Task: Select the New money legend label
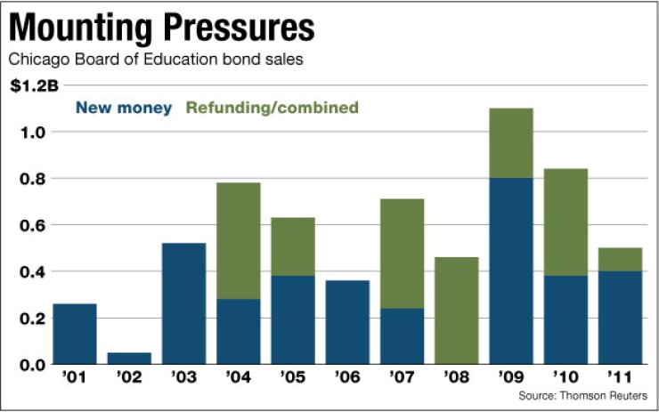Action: (x=124, y=109)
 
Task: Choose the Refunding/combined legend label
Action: (x=273, y=109)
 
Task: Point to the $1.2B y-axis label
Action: (x=34, y=86)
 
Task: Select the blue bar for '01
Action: (x=75, y=334)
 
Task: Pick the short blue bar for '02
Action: (x=130, y=359)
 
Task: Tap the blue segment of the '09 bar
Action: (x=511, y=271)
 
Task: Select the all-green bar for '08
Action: (x=457, y=311)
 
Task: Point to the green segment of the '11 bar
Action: (x=621, y=260)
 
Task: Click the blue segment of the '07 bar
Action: (x=403, y=336)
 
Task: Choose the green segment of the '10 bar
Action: (x=565, y=222)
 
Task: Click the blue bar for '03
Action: (x=184, y=303)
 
